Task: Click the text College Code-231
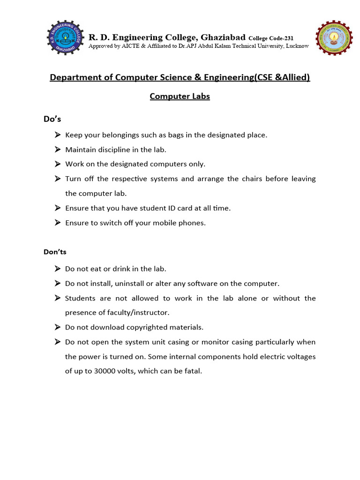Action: coord(271,38)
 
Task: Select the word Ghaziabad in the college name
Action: coord(223,37)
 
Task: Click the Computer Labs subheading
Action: coord(180,96)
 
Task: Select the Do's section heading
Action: coord(52,119)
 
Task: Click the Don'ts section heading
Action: coord(55,252)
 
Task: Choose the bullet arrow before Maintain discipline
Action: coord(57,150)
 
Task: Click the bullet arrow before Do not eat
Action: coord(57,269)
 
